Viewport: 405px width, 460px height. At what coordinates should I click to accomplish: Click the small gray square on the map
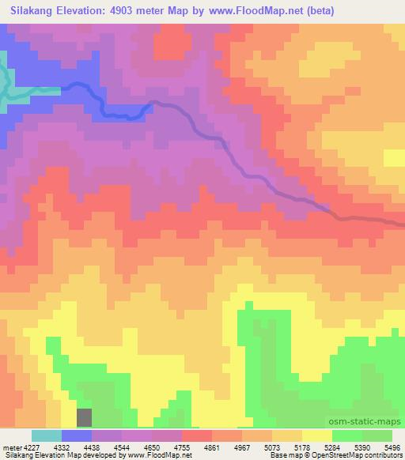(x=84, y=417)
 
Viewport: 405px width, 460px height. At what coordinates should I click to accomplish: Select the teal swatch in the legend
(x=47, y=435)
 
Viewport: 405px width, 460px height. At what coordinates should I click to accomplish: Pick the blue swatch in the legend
(x=77, y=435)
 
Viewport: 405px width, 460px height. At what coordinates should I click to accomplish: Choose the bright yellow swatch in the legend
(x=317, y=435)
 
